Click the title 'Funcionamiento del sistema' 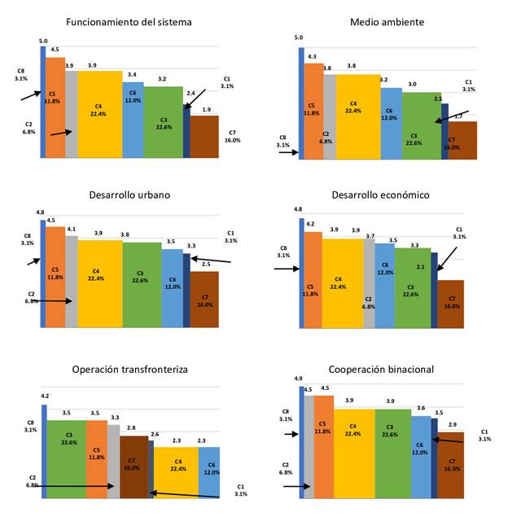coord(129,22)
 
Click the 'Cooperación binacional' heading coord(382,369)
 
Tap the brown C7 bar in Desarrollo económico coord(451,304)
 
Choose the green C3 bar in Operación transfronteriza coord(67,456)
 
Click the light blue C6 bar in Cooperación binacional coord(420,456)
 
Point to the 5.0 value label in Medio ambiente coord(298,37)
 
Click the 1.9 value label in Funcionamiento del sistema coord(207,110)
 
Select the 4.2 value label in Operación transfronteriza coord(44,396)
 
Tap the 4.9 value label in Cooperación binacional coord(298,379)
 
